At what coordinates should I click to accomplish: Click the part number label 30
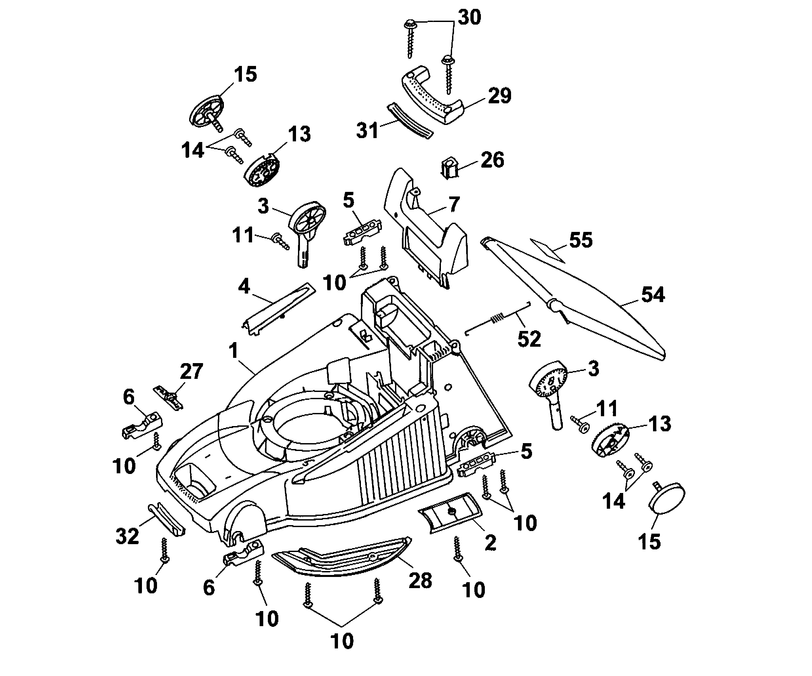click(x=469, y=18)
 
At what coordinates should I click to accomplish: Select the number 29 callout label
click(x=500, y=96)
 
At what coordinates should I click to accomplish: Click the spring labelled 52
click(x=498, y=318)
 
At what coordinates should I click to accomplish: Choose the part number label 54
click(x=653, y=295)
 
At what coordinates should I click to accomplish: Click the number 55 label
click(x=581, y=240)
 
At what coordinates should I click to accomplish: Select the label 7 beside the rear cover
click(x=454, y=204)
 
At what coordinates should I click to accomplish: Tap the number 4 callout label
click(x=244, y=287)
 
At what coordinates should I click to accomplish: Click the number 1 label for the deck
click(x=233, y=351)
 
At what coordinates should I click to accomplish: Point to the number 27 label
click(x=191, y=372)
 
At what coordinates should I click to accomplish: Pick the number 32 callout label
click(x=127, y=536)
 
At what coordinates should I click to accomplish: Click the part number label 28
click(x=420, y=581)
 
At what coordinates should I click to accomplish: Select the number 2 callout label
click(x=490, y=543)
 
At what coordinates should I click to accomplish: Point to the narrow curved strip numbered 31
click(x=410, y=120)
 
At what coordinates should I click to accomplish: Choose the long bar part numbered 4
click(x=278, y=308)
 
